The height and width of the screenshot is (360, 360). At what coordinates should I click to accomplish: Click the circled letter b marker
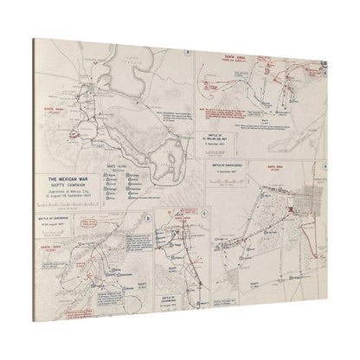tap(148, 217)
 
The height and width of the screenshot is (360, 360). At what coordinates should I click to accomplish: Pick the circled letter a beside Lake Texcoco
tap(189, 51)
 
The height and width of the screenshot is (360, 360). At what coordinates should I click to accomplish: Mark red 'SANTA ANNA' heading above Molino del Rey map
tap(230, 61)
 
